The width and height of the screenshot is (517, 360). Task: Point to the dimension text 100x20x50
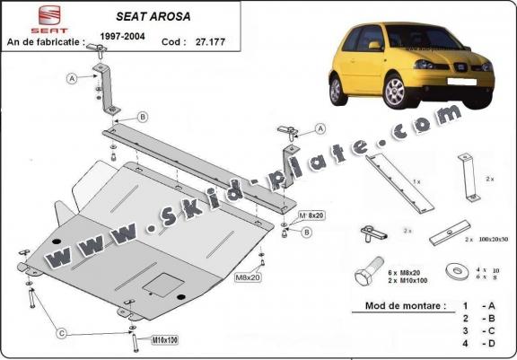[486, 241]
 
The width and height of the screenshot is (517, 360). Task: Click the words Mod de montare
[405, 305]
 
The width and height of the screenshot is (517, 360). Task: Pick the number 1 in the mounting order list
[465, 305]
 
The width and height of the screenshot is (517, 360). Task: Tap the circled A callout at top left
[72, 79]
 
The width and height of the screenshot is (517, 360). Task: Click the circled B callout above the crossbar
[142, 118]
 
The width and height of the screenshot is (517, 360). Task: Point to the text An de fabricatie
[45, 41]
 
